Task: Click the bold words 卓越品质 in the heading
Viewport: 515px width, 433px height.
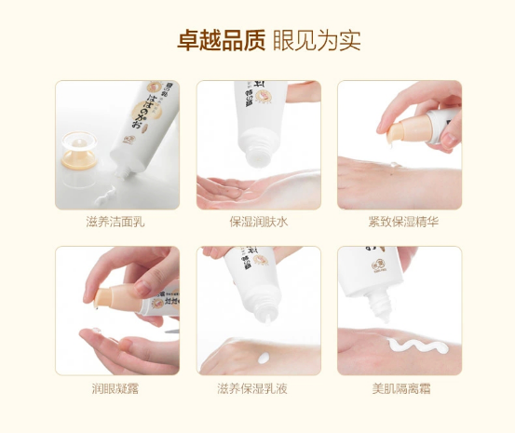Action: point(222,42)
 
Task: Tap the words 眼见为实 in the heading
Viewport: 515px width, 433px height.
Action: point(318,42)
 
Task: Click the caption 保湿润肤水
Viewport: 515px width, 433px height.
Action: point(258,222)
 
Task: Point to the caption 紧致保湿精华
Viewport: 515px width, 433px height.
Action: point(399,222)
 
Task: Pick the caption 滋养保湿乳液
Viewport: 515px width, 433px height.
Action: point(258,387)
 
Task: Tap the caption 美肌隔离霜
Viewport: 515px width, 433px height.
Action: point(399,387)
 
